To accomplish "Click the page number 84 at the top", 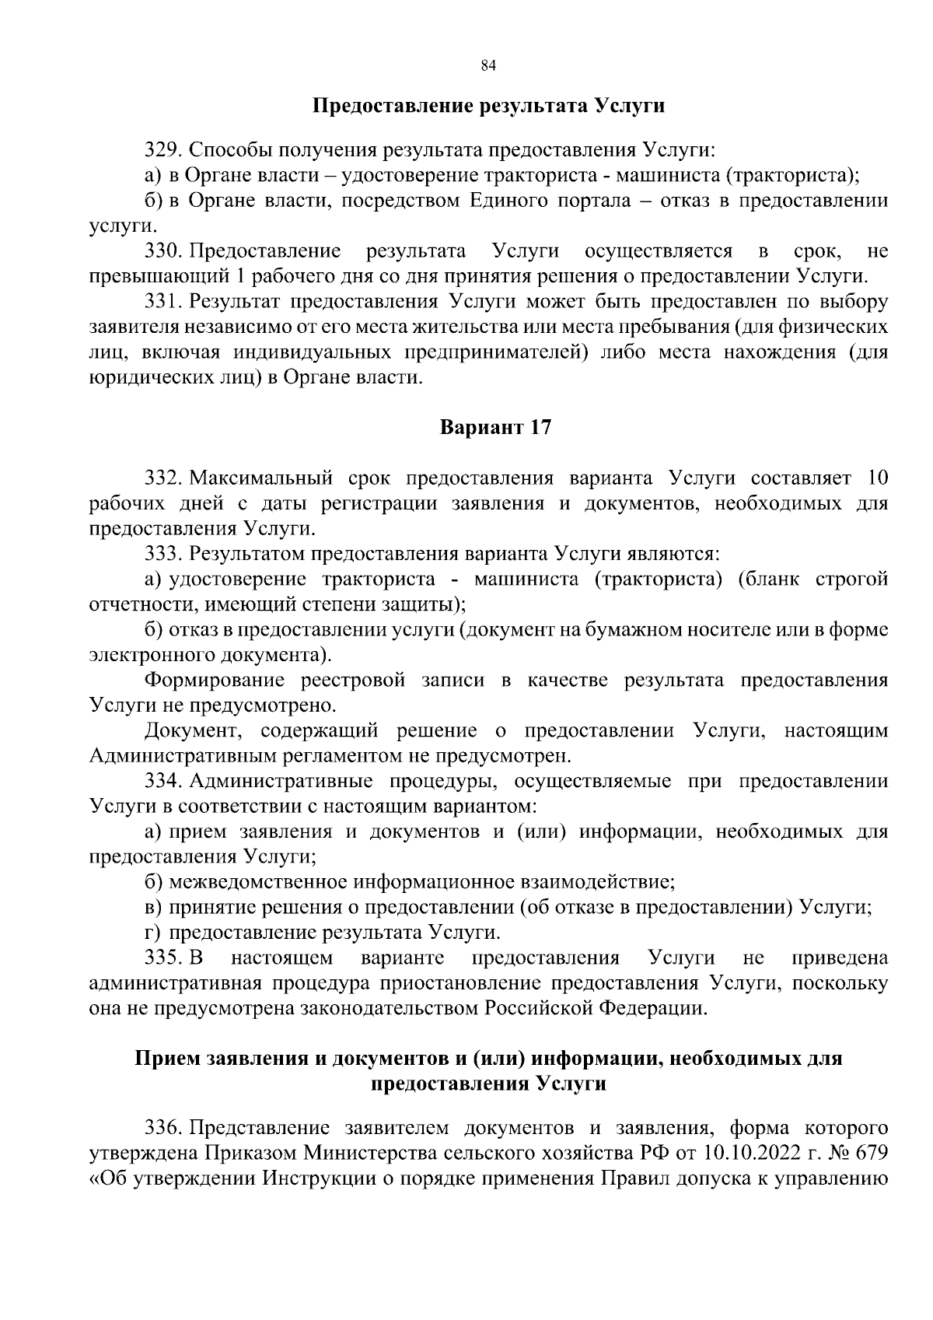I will coord(488,66).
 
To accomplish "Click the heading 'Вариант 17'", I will coord(496,428).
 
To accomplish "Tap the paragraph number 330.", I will coord(163,251).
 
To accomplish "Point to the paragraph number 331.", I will coord(163,302).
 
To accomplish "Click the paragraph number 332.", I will coord(163,478).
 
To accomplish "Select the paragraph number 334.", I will coord(163,781).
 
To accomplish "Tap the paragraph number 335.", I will coord(163,958).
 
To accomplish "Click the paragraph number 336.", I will coord(163,1128).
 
